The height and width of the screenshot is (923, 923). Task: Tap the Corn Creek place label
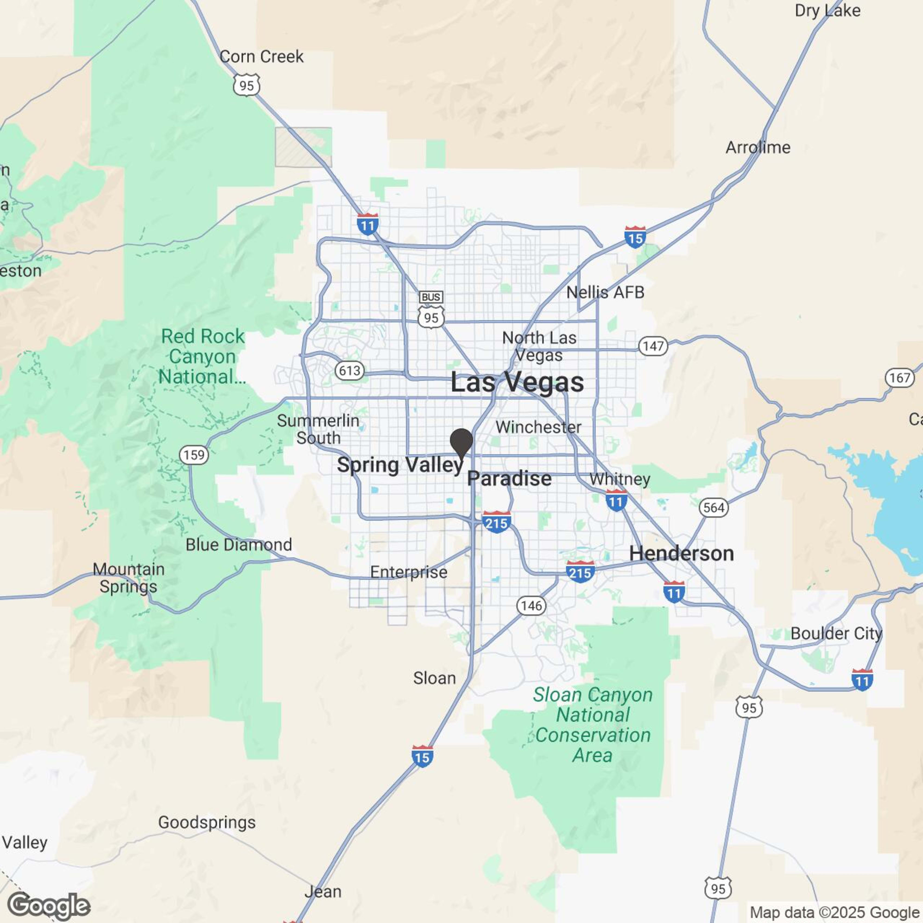tap(261, 57)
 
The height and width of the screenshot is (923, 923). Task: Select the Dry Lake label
tap(827, 11)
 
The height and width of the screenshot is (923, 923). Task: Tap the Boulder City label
tap(836, 634)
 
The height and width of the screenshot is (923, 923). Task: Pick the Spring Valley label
tap(400, 465)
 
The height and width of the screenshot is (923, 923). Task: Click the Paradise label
tap(509, 479)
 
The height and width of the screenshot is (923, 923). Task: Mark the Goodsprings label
tap(207, 822)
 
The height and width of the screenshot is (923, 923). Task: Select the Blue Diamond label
tap(239, 545)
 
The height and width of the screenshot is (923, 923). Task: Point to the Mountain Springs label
tap(128, 578)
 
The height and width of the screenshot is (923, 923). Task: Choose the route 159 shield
tap(194, 455)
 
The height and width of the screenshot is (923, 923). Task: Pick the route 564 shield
tap(714, 507)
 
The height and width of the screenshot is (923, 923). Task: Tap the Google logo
tap(49, 906)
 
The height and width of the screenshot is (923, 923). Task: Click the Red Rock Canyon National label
tap(203, 356)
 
